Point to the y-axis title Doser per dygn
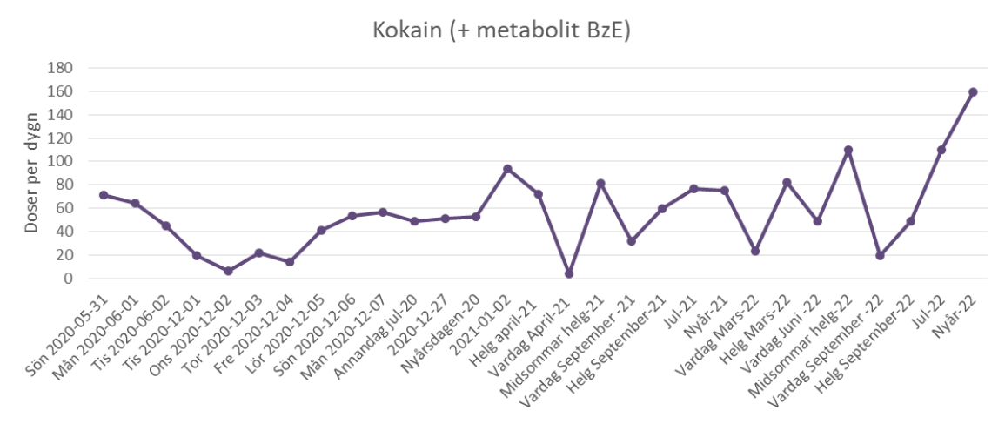pyautogui.click(x=31, y=173)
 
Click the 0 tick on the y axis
pyautogui.click(x=67, y=279)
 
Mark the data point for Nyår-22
pyautogui.click(x=973, y=91)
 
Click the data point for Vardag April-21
pyautogui.click(x=569, y=273)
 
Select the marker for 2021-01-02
pyautogui.click(x=507, y=169)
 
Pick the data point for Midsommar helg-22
pyautogui.click(x=848, y=150)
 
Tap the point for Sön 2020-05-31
pyautogui.click(x=104, y=195)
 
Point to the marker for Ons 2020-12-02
pyautogui.click(x=228, y=271)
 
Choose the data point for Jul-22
pyautogui.click(x=941, y=150)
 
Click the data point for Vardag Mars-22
pyautogui.click(x=755, y=251)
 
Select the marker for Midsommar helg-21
pyautogui.click(x=600, y=184)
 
